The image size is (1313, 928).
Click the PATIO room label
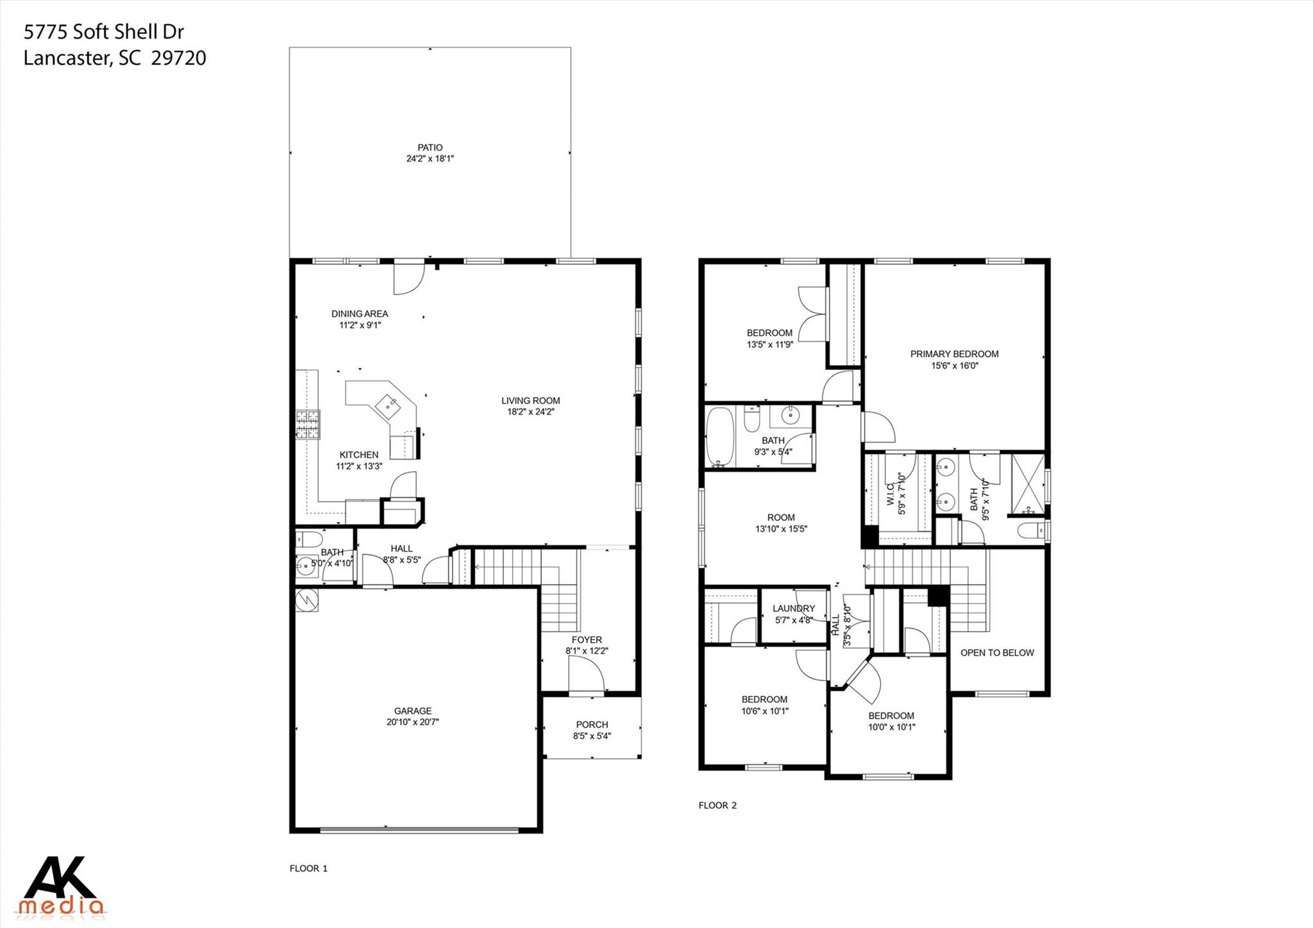click(430, 148)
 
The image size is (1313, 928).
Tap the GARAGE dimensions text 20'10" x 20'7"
click(412, 722)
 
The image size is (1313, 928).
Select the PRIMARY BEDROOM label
click(954, 354)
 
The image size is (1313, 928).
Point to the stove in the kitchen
click(307, 425)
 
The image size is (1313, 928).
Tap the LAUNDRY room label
click(793, 609)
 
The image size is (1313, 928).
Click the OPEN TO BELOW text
click(997, 653)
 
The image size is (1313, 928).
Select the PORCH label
click(592, 725)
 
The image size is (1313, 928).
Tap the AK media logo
click(61, 886)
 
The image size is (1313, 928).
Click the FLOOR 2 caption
click(717, 806)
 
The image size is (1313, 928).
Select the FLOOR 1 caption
click(308, 868)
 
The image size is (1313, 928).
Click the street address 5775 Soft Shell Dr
click(104, 31)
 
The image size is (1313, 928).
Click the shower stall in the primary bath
click(1027, 484)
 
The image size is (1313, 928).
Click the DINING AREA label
click(359, 314)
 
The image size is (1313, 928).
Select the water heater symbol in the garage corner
click(306, 600)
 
